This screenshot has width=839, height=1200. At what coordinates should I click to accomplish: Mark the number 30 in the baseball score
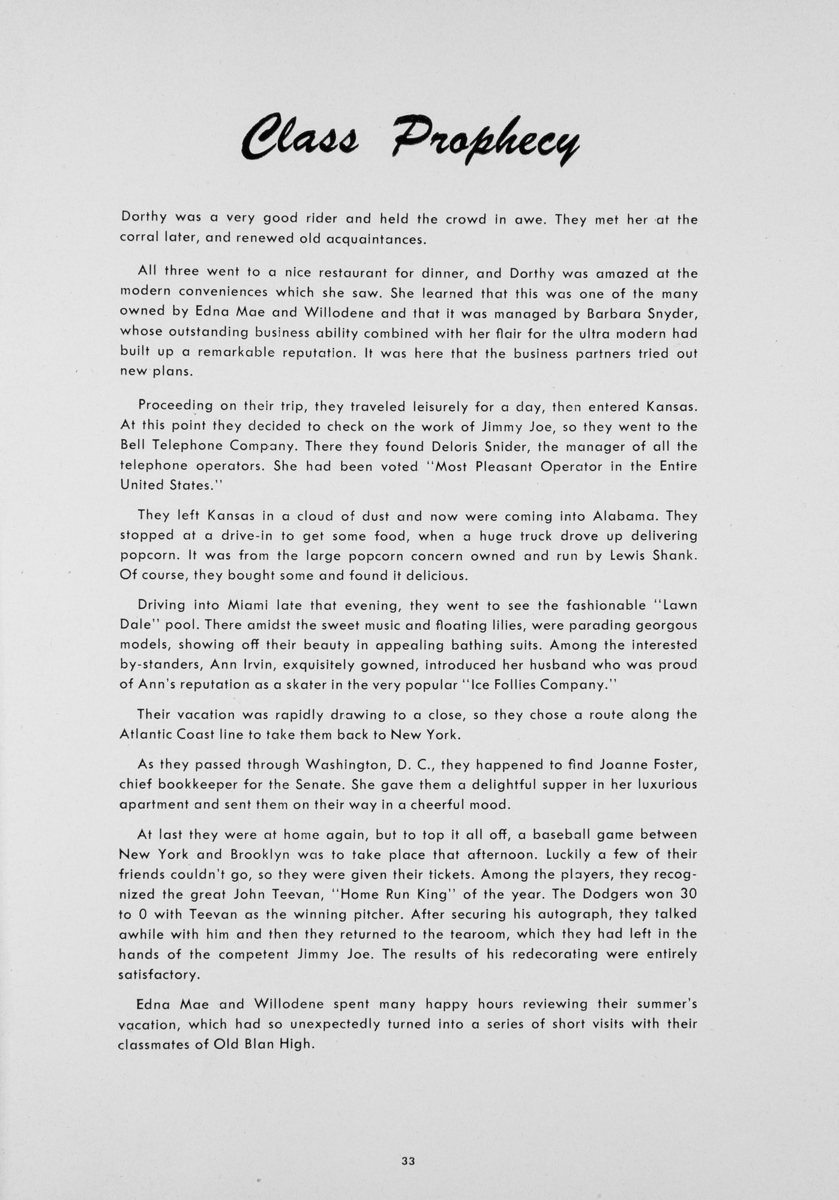pyautogui.click(x=688, y=894)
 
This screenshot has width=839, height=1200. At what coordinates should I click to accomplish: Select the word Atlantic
pyautogui.click(x=148, y=734)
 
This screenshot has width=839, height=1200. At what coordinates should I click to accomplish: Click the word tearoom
pyautogui.click(x=480, y=934)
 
